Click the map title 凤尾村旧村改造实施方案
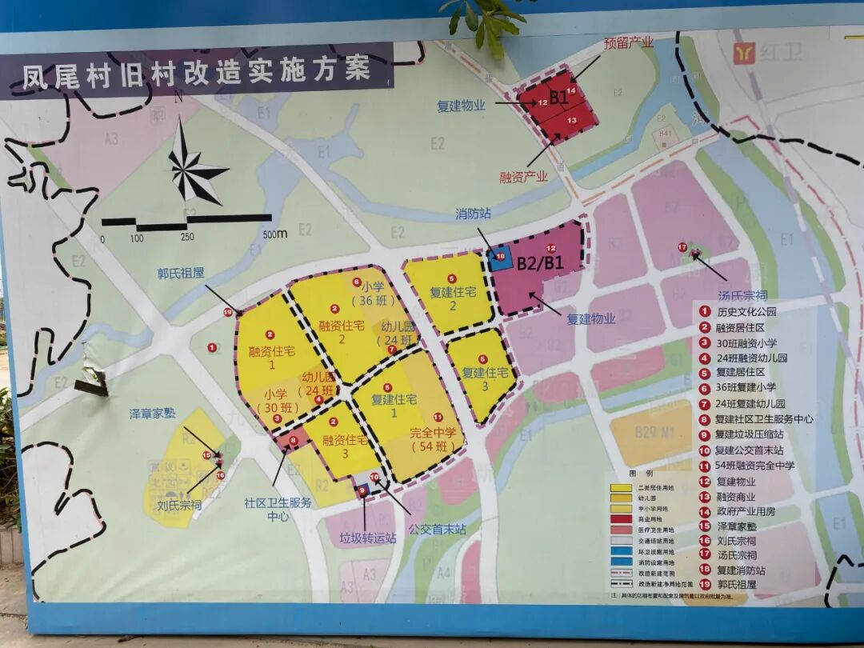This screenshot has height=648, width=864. coord(196,71)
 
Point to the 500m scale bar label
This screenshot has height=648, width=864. coord(274,234)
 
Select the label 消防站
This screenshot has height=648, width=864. coord(474,214)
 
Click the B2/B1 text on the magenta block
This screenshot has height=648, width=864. coord(540,262)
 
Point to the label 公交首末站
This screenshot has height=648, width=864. coord(436,528)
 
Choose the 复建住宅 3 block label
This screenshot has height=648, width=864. coord(486,380)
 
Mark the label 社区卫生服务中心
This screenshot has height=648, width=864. coord(278,510)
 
